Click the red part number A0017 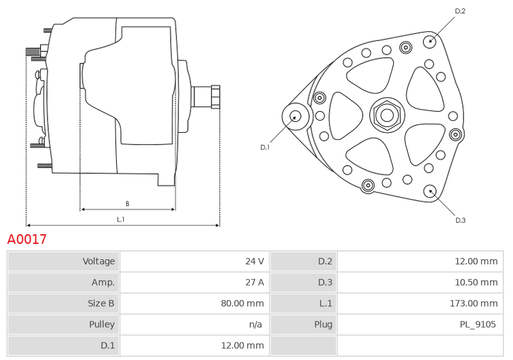(27, 239)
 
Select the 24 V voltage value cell (255, 261)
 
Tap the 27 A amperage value (255, 282)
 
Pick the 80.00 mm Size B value (242, 304)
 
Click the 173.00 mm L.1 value (474, 304)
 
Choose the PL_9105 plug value (478, 324)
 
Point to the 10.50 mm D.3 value (476, 282)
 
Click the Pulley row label (102, 324)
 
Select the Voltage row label (99, 261)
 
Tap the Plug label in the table (323, 324)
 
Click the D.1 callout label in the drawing (265, 148)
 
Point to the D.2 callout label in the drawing (460, 11)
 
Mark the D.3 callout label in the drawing (460, 220)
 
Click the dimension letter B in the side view (127, 203)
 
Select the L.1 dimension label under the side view (121, 219)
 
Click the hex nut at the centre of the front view (387, 115)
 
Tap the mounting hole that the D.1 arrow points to (296, 116)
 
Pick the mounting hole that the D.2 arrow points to (430, 41)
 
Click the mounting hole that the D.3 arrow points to (430, 191)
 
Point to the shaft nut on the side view (215, 97)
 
